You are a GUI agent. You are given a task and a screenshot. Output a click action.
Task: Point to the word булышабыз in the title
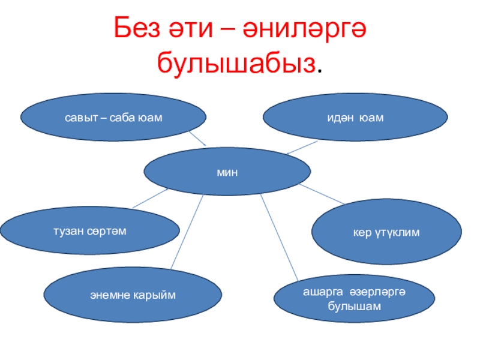pyautogui.click(x=236, y=62)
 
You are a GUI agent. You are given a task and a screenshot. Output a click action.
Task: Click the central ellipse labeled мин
pyautogui.click(x=227, y=173)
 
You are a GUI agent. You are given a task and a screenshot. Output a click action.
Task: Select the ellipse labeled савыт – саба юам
pyautogui.click(x=114, y=116)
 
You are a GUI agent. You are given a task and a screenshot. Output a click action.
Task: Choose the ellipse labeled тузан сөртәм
pyautogui.click(x=90, y=231)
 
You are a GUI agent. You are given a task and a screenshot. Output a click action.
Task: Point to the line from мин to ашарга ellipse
pyautogui.click(x=280, y=238)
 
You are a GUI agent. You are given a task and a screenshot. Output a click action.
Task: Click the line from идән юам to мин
pyautogui.click(x=303, y=147)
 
